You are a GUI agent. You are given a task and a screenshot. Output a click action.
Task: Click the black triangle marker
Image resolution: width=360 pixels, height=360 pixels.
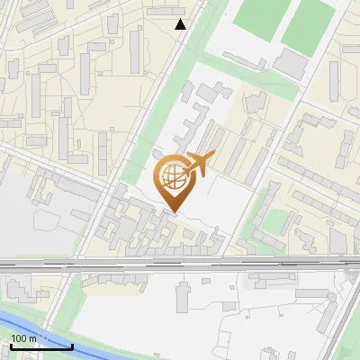pos(181,24)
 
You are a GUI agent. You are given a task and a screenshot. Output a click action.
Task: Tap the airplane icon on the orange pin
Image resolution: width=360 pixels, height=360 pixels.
pos(199,164)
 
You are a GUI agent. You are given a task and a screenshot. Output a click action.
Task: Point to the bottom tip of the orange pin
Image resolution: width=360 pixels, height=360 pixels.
pos(175,212)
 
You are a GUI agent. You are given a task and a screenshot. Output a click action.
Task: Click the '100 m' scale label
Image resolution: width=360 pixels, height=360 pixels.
pos(24,338)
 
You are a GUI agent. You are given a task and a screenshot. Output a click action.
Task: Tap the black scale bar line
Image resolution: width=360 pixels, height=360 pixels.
pos(40,346)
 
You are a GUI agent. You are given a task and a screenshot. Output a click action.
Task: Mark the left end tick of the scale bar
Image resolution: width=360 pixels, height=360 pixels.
pos(10,345)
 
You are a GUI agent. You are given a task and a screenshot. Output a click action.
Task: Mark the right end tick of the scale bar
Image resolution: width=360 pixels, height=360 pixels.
pos(72,345)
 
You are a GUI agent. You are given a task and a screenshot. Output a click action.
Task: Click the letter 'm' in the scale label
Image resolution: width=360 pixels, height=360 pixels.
pos(33,338)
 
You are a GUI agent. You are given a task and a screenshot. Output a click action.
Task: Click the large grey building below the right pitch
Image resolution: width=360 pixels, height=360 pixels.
pos(290,64)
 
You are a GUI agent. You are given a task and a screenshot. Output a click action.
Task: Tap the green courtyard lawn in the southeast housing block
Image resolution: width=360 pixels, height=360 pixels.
pos(269,216)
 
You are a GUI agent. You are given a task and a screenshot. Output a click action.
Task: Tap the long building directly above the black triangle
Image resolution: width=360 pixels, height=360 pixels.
pos(176,10)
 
